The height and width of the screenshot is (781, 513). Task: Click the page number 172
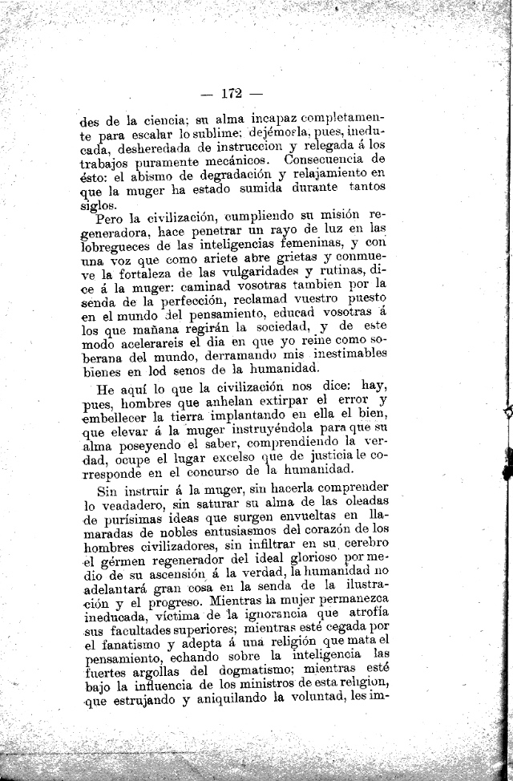pos(231,91)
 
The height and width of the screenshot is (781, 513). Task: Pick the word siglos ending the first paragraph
pos(98,203)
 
